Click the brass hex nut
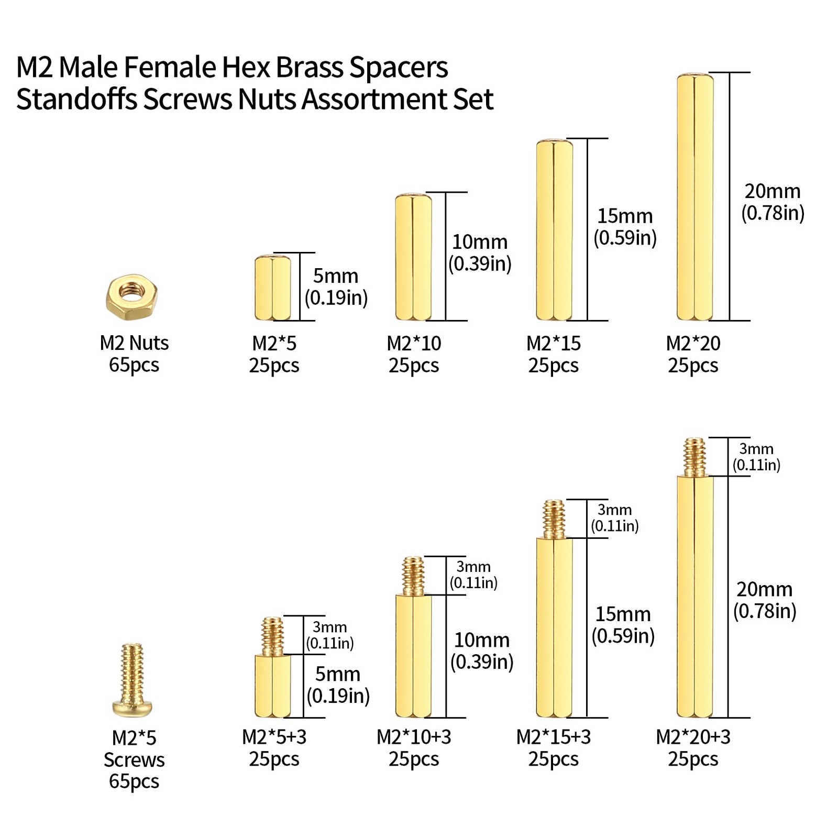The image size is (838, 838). point(131,297)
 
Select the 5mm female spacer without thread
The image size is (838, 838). point(272,288)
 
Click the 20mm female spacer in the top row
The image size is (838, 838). point(695,197)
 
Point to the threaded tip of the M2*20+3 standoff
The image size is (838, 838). point(694,457)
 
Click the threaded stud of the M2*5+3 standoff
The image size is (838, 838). point(272,636)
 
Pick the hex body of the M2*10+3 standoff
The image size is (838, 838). point(413,656)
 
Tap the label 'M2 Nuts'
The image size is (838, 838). point(134,343)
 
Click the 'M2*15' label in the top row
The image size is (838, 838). point(554,344)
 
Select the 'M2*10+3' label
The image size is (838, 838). point(414,737)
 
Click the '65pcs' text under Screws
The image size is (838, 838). point(134,781)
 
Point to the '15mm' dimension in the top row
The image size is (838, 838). point(625,216)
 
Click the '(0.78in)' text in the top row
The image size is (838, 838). point(773,213)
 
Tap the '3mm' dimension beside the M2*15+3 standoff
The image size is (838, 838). point(614,510)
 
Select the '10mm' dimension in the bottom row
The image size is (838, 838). point(481,640)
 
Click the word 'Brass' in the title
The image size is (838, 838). point(309,68)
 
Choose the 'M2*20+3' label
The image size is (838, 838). point(693,737)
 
